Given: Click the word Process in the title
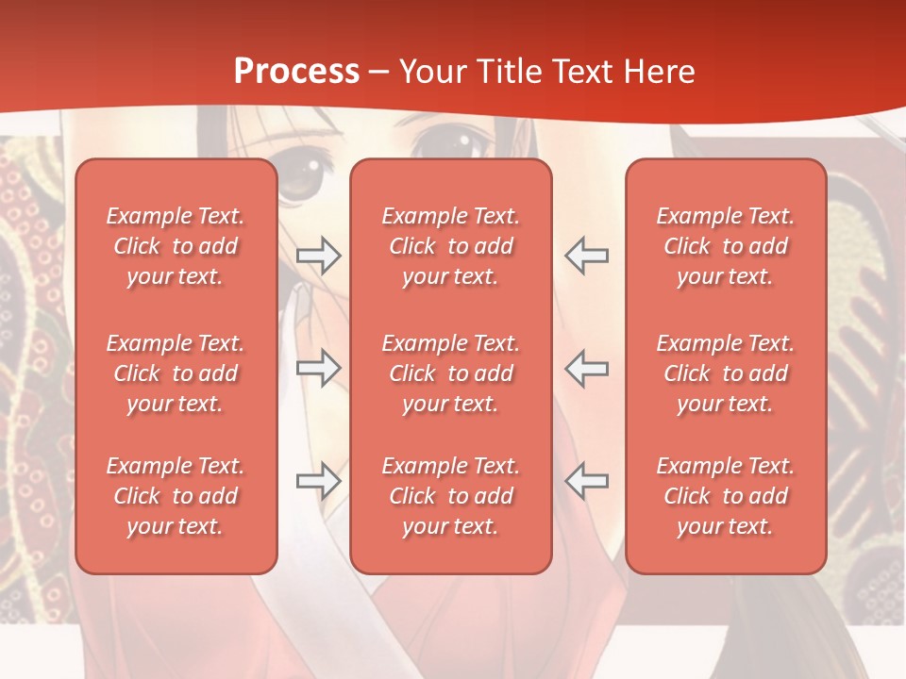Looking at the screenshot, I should click(296, 72).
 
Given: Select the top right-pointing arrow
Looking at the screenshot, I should click(318, 256).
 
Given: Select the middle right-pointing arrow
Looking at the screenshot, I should click(318, 368).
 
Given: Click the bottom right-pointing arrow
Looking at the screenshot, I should click(318, 481).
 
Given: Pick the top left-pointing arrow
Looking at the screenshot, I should click(586, 256).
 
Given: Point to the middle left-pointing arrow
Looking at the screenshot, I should click(586, 368).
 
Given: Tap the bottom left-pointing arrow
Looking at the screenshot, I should click(586, 481).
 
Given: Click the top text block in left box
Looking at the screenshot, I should click(176, 246).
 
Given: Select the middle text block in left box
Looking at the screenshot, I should click(176, 373).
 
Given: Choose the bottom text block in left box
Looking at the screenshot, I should click(176, 496).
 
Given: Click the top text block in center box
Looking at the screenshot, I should click(451, 246).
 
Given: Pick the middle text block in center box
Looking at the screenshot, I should click(451, 373).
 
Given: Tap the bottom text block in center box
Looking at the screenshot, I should click(451, 496).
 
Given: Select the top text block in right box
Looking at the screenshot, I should click(726, 246).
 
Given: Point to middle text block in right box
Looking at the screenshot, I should click(726, 373).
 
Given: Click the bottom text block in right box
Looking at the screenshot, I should click(726, 496).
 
